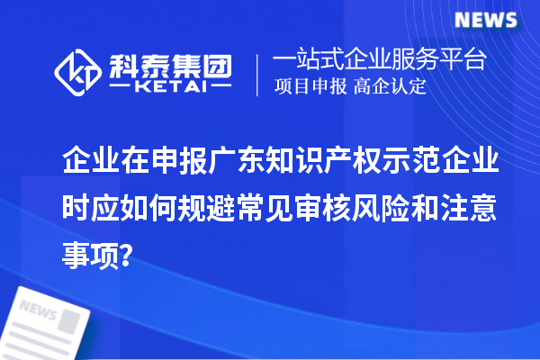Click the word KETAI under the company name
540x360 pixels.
pos(169,85)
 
